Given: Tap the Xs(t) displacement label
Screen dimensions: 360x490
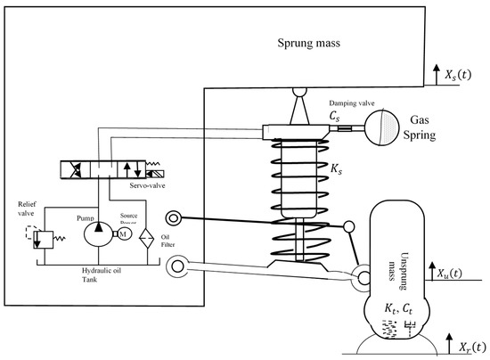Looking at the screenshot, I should coord(458,73).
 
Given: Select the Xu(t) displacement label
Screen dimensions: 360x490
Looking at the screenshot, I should coord(458,271).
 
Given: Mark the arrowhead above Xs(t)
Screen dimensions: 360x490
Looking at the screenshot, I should coord(433,66).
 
